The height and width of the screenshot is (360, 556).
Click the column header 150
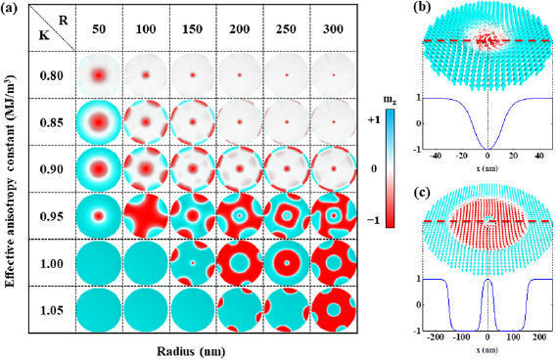193,28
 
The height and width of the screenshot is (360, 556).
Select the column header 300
333,28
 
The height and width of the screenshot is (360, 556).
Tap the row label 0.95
52,216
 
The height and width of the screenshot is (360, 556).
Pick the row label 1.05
52,310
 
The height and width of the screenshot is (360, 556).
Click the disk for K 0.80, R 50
99,75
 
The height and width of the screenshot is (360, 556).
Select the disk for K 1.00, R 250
287,263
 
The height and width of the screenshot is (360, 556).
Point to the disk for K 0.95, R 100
146,216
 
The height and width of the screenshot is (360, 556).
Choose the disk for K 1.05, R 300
334,310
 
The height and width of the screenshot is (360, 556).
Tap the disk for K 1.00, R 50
99,263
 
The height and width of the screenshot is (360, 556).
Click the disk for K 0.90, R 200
240,168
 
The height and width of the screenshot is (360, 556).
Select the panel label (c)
422,192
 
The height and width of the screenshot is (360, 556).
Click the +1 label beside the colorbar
373,119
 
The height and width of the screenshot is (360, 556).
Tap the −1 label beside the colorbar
373,220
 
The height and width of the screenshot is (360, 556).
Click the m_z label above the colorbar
390,102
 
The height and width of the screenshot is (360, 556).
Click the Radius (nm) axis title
191,351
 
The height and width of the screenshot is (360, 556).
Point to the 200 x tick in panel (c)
540,337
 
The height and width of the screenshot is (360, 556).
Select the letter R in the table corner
63,21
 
